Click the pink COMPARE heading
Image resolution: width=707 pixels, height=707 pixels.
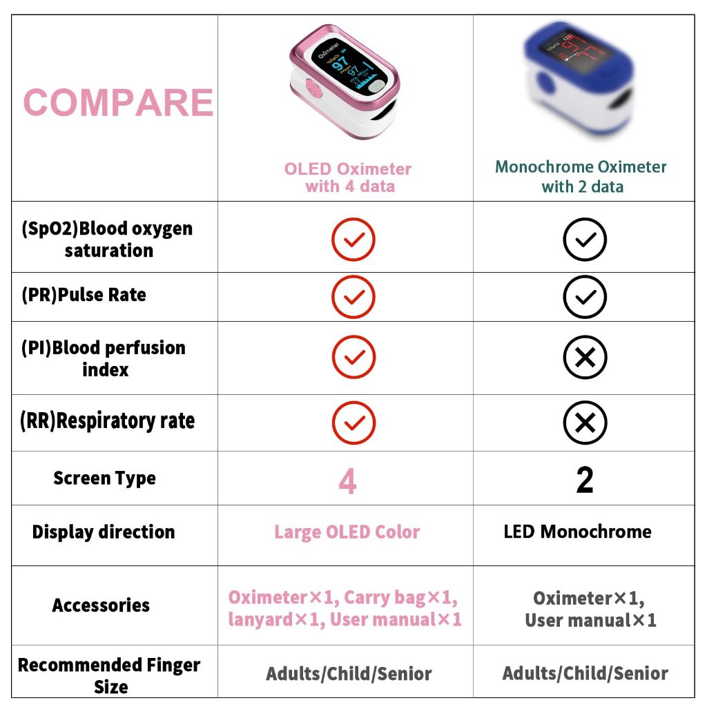pyautogui.click(x=118, y=102)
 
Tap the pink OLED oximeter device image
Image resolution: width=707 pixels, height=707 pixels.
pyautogui.click(x=345, y=81)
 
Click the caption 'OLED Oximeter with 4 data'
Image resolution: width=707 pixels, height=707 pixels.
pyautogui.click(x=348, y=177)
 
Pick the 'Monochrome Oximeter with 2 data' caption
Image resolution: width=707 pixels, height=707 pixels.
pyautogui.click(x=581, y=176)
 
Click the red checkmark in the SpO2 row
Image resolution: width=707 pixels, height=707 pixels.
pyautogui.click(x=353, y=240)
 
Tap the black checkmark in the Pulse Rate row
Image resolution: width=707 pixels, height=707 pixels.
pyautogui.click(x=585, y=297)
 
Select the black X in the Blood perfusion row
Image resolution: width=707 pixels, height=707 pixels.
pyautogui.click(x=585, y=357)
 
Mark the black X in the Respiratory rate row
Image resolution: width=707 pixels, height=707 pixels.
pyautogui.click(x=585, y=423)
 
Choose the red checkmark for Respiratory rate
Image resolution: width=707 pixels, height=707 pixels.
pyautogui.click(x=353, y=423)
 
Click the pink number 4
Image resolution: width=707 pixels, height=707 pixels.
pyautogui.click(x=348, y=481)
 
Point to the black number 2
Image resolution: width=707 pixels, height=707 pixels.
pyautogui.click(x=585, y=480)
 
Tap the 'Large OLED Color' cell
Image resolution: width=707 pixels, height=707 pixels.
pyautogui.click(x=347, y=532)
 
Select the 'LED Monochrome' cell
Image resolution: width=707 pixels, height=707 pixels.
pyautogui.click(x=578, y=532)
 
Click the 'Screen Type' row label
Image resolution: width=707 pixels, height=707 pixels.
pyautogui.click(x=105, y=478)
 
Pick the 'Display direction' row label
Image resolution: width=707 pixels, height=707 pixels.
pyautogui.click(x=104, y=532)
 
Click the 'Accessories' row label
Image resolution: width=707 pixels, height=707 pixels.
pyautogui.click(x=101, y=605)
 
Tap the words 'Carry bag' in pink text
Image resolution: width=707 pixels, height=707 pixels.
pyautogui.click(x=385, y=598)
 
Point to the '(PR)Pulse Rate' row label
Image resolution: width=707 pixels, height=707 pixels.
pyautogui.click(x=84, y=294)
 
